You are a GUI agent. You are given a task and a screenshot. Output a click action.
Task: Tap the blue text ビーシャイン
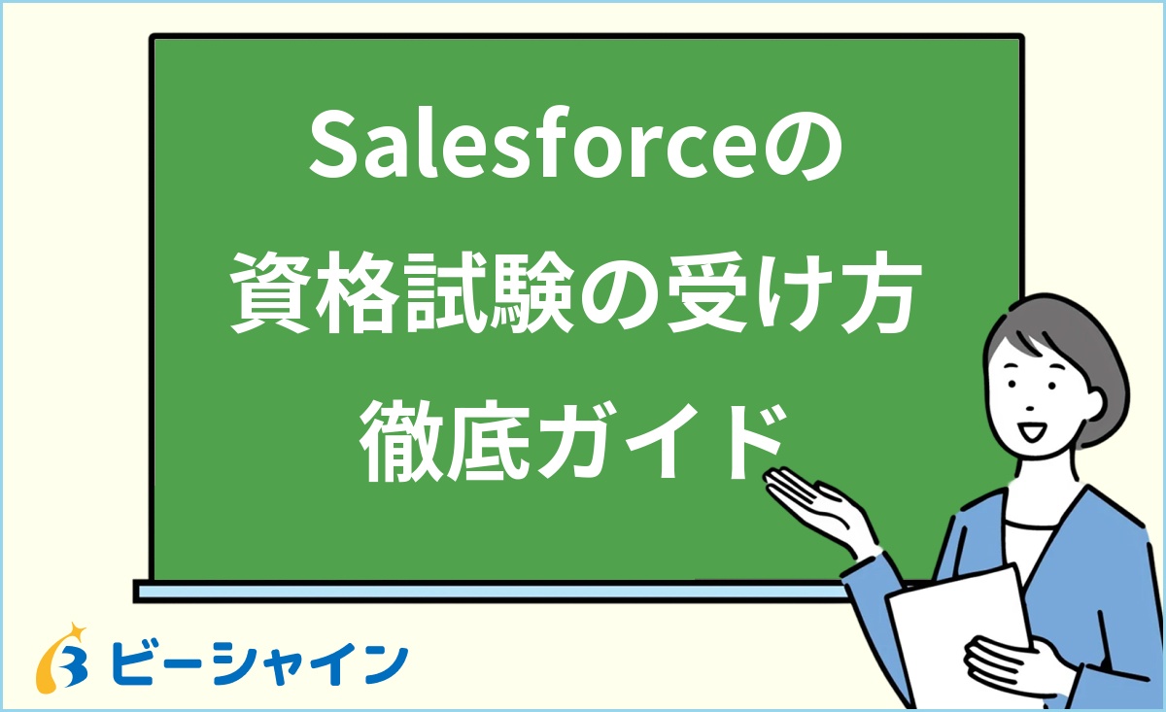(258, 662)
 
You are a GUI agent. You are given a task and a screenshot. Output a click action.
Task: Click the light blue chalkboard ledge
(486, 591)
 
